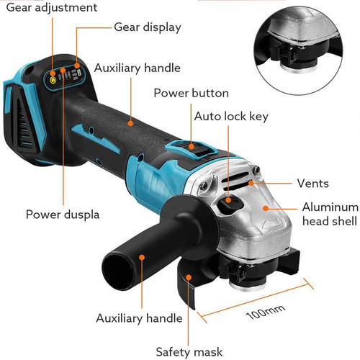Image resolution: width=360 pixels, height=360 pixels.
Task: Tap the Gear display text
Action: [147, 27]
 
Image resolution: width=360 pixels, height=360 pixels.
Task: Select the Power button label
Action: [191, 93]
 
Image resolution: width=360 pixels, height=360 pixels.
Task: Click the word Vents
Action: [313, 183]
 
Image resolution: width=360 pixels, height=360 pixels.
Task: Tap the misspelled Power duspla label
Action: [61, 214]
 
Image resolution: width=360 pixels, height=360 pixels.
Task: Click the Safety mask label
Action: [188, 352]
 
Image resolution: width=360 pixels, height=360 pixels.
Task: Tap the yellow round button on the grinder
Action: [53, 81]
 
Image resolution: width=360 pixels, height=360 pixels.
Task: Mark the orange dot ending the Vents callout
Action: [252, 184]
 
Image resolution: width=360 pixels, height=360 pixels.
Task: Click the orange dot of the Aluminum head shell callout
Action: [266, 208]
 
